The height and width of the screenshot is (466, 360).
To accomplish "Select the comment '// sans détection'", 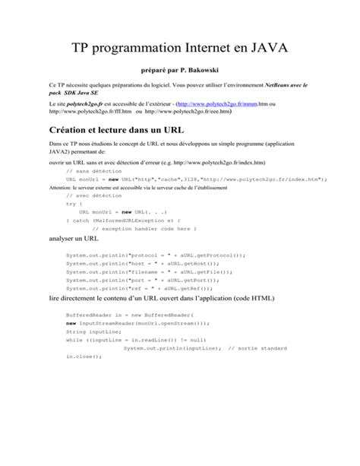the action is (90, 172).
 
